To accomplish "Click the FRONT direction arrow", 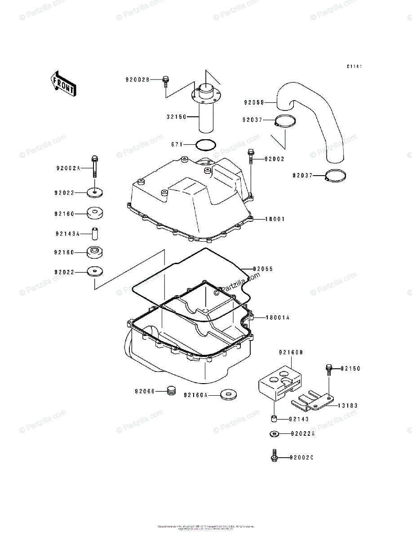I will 62,84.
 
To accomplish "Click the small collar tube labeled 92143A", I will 95,234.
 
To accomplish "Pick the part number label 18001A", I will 277,318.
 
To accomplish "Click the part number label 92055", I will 263,269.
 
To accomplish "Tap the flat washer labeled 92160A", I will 230,395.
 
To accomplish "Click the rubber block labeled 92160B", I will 279,382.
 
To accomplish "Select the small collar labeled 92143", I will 273,419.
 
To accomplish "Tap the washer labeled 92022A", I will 274,434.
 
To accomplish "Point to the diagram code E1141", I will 354,66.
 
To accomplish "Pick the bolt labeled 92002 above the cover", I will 250,157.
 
